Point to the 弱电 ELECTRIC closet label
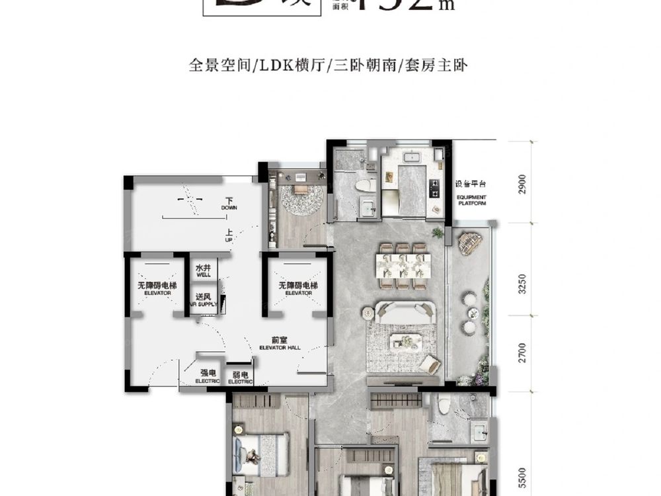coord(240,378)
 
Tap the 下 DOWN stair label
coord(229,203)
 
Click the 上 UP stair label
coord(229,235)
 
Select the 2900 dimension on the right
coord(522,183)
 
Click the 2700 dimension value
coord(522,352)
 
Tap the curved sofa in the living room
coord(405,312)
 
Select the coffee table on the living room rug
coord(404,341)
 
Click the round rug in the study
coord(301,199)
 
